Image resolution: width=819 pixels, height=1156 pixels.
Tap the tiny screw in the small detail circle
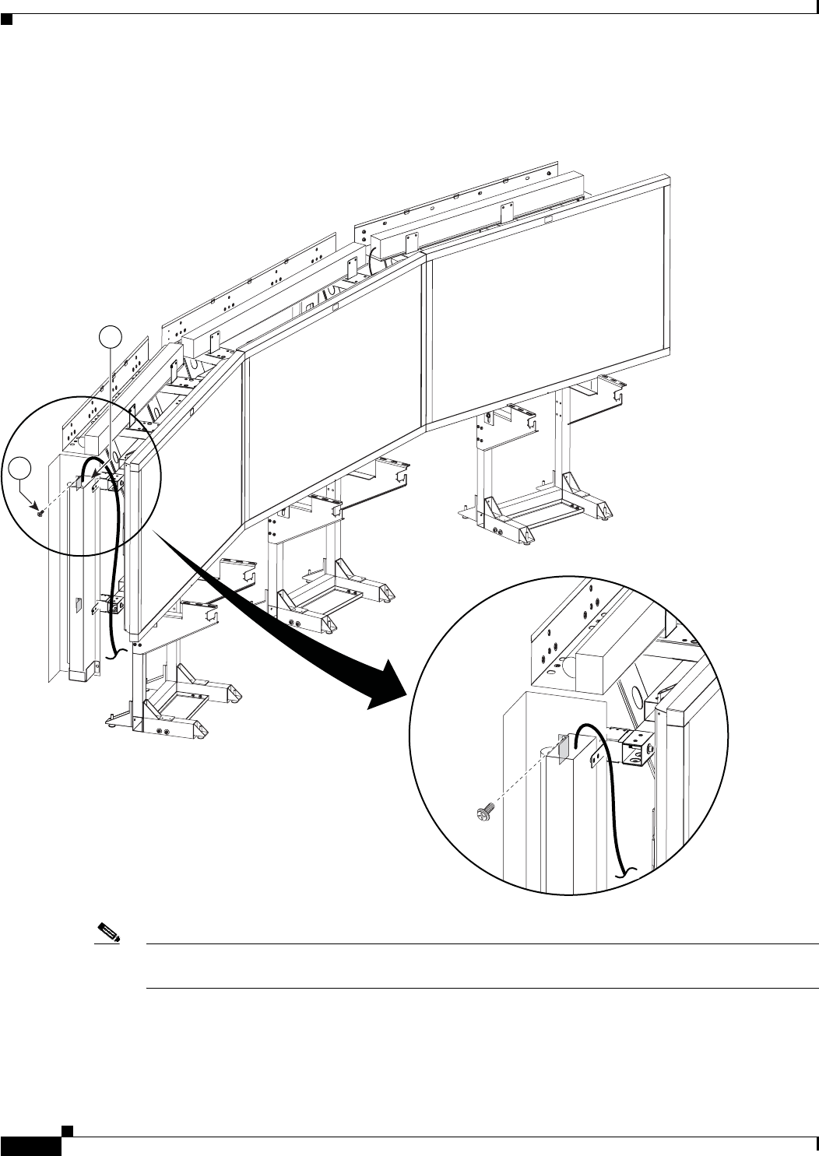point(39,513)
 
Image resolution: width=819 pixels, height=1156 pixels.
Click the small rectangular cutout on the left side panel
point(79,603)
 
